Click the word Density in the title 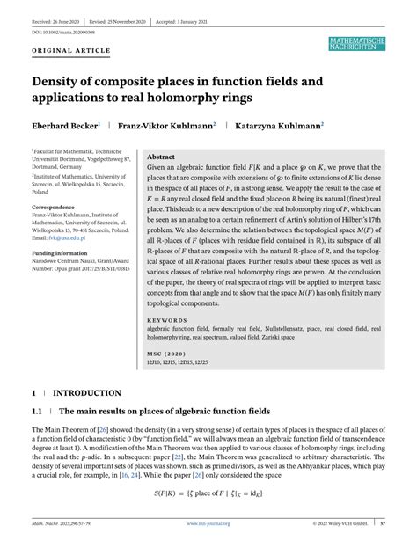[x=61, y=83]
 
